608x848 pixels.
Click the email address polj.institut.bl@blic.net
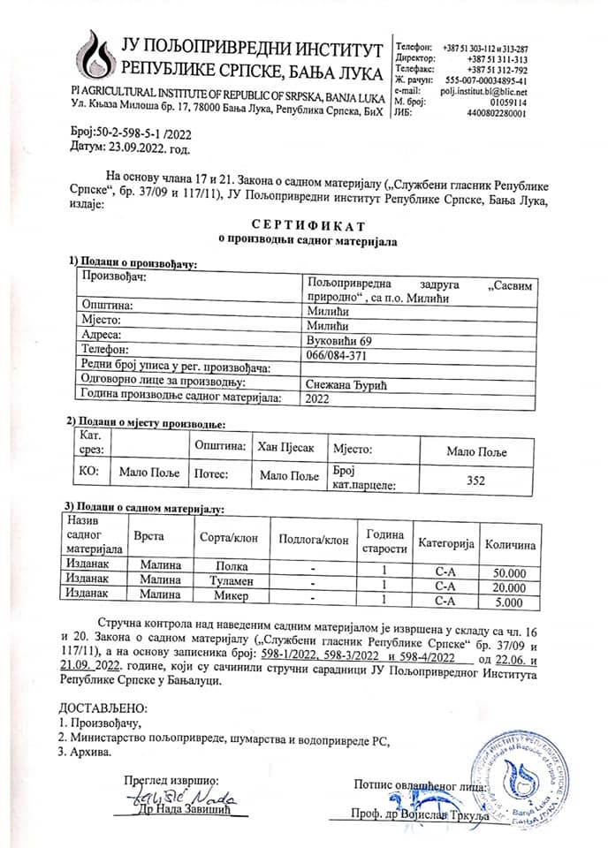coord(484,92)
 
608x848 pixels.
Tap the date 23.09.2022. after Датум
coord(134,147)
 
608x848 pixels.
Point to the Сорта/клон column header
coord(224,537)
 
